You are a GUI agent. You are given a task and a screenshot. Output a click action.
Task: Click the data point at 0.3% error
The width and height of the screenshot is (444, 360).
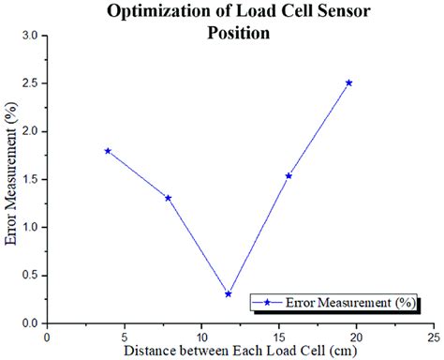click(x=228, y=293)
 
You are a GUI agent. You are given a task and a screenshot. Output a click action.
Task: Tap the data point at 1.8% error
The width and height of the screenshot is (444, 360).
click(x=108, y=150)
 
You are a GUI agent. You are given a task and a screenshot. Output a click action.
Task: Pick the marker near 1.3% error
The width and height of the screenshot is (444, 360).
click(x=168, y=198)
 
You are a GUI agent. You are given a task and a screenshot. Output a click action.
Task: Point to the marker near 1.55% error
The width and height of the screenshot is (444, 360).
click(x=289, y=175)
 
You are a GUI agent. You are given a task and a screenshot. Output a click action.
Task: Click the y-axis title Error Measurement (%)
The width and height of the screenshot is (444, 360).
click(x=11, y=178)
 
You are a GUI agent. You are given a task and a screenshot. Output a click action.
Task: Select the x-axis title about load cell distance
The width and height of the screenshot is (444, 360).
click(x=239, y=350)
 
